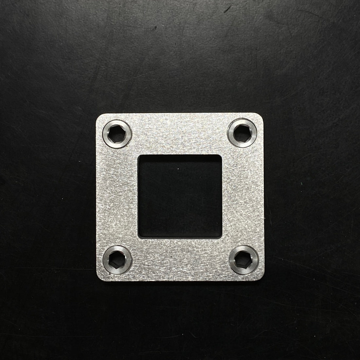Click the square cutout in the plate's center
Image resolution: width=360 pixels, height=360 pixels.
pyautogui.click(x=180, y=196)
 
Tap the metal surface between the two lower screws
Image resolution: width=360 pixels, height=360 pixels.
pyautogui.click(x=180, y=259)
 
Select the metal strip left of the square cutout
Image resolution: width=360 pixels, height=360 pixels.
pyautogui.click(x=118, y=196)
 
